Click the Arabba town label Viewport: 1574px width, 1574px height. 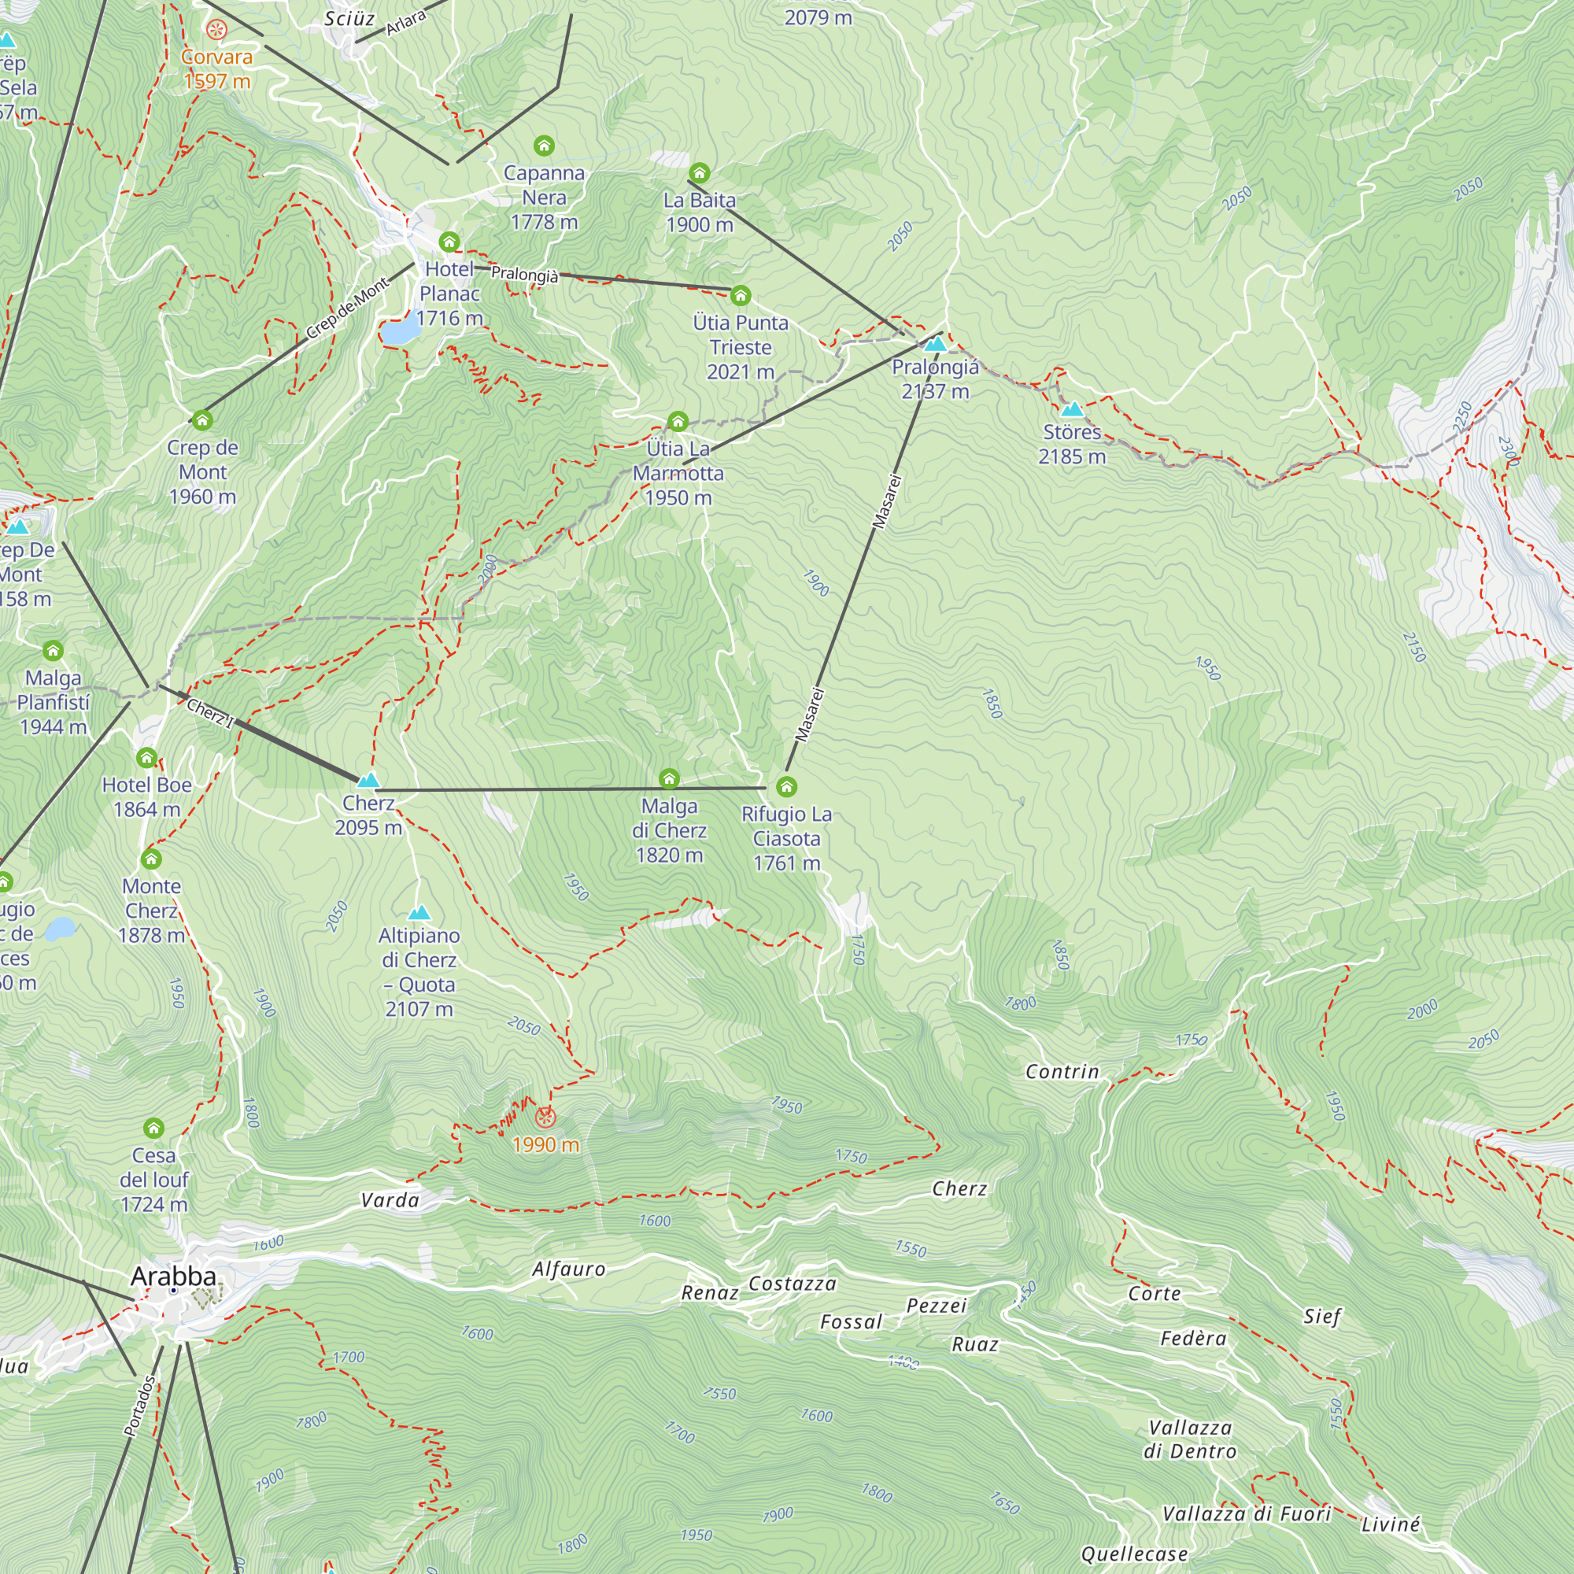[x=173, y=1277]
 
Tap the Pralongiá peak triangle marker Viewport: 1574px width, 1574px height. [x=935, y=344]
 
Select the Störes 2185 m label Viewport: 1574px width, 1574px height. [x=1071, y=444]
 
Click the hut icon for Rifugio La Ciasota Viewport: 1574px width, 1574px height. [x=786, y=787]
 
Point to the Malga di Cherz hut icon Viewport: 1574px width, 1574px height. [x=669, y=779]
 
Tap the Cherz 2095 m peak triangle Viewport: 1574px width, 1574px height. [x=368, y=781]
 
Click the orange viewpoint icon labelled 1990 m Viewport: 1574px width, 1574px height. [x=545, y=1117]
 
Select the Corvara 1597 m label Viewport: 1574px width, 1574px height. [x=216, y=68]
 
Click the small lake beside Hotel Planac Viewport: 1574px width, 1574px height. [x=397, y=332]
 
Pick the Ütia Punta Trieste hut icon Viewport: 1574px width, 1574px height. [x=740, y=295]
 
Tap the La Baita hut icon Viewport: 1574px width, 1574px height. [x=699, y=172]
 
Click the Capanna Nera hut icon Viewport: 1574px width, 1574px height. [x=543, y=146]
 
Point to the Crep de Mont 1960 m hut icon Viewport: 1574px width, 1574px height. [x=202, y=420]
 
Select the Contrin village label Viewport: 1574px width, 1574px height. [x=1062, y=1072]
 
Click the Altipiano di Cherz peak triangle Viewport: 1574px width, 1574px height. [x=419, y=912]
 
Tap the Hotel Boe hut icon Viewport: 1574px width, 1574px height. [x=146, y=758]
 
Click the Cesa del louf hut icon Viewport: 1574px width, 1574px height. [x=154, y=1129]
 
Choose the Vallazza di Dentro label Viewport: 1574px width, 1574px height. [x=1189, y=1439]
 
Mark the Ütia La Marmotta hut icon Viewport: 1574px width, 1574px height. [x=678, y=421]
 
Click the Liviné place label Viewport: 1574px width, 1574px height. [x=1390, y=1524]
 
